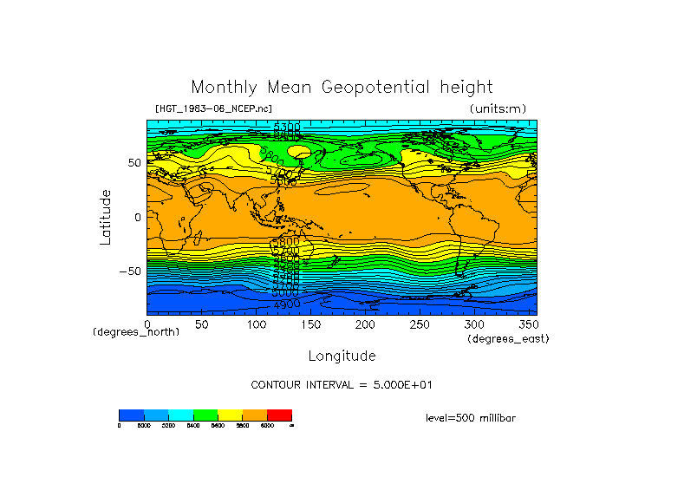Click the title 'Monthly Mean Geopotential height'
click(342, 88)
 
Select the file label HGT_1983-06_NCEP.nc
click(212, 108)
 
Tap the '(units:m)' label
click(498, 108)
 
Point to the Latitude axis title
click(106, 217)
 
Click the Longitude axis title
click(342, 356)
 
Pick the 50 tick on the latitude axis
click(134, 162)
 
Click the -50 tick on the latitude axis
click(131, 271)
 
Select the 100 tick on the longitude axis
click(256, 324)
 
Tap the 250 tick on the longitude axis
click(419, 324)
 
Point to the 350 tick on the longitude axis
click(527, 324)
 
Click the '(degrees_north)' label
click(136, 332)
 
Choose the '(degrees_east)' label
click(508, 339)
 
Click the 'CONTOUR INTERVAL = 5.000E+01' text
click(341, 384)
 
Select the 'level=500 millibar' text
click(471, 418)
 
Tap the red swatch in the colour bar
click(279, 415)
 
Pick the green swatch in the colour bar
click(205, 415)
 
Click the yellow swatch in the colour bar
click(230, 415)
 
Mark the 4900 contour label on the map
click(287, 304)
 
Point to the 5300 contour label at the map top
click(287, 128)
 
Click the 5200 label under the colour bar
click(168, 426)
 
